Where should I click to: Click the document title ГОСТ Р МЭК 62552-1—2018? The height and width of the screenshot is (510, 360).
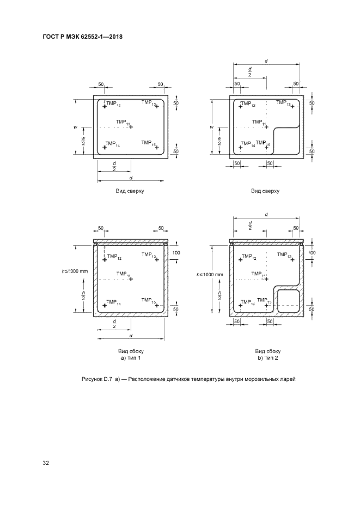[83, 37]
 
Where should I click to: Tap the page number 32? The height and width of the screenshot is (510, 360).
[46, 463]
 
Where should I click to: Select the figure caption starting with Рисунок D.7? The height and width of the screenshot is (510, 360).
[188, 379]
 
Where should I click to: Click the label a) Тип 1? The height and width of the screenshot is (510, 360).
[131, 358]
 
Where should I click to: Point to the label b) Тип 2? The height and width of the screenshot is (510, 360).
[267, 358]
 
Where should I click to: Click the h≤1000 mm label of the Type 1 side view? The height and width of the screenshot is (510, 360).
[75, 271]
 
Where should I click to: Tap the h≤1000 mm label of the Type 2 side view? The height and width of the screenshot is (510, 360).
[210, 275]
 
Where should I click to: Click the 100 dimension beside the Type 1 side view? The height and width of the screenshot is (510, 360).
[176, 253]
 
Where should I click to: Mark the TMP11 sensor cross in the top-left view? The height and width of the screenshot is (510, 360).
[131, 127]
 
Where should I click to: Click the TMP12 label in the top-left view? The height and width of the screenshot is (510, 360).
[113, 104]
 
